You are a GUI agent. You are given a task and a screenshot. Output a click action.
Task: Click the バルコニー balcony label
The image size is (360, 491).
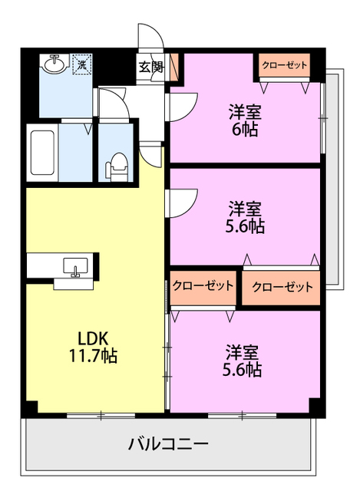(x=167, y=444)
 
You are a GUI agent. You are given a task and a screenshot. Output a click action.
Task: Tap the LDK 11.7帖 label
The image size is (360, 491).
(x=96, y=347)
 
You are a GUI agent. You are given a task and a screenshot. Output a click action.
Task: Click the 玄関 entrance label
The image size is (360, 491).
(x=150, y=66)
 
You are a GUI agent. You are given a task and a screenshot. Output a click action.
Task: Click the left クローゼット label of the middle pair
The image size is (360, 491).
(x=203, y=286)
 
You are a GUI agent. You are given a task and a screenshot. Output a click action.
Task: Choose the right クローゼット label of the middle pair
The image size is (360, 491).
(x=282, y=287)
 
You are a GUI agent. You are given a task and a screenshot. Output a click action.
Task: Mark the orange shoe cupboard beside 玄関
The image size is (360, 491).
(x=174, y=68)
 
